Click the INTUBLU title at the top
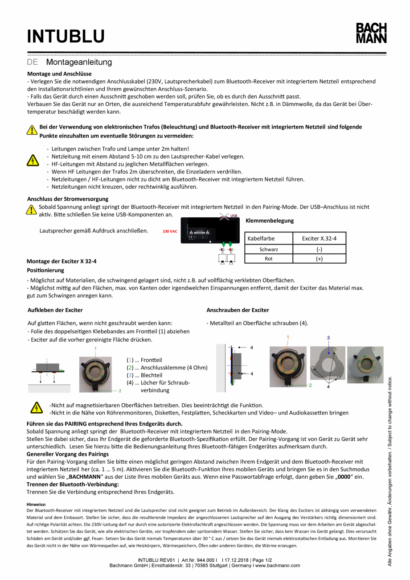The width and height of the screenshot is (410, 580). pyautogui.click(x=66, y=36)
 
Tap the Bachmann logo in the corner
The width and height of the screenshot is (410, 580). pyautogui.click(x=371, y=33)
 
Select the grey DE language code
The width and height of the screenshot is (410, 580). pyautogui.click(x=33, y=62)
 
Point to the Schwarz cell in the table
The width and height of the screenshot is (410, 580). pyautogui.click(x=269, y=249)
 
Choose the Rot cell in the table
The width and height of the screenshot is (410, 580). pyautogui.click(x=269, y=258)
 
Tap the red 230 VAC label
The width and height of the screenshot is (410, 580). pyautogui.click(x=170, y=232)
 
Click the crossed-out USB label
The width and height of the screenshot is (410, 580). pyautogui.click(x=234, y=216)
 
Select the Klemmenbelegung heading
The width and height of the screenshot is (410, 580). pyautogui.click(x=270, y=221)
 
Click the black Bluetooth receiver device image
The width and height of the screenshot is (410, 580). pyautogui.click(x=209, y=231)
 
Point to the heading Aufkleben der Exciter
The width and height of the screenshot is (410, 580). pyautogui.click(x=55, y=310)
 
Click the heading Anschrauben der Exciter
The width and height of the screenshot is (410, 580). pyautogui.click(x=238, y=310)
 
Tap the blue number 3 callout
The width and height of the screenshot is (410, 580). pyautogui.click(x=328, y=338)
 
